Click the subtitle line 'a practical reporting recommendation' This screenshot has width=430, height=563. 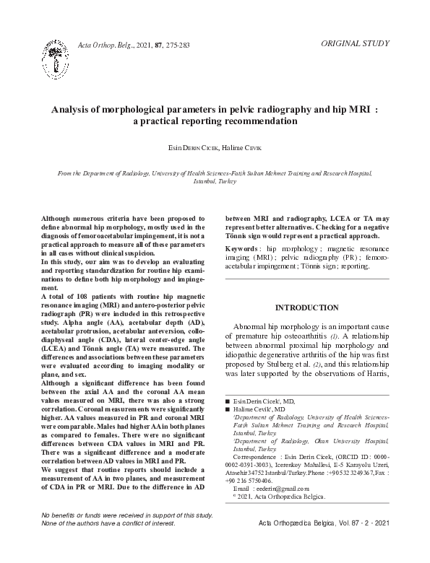coord(215,122)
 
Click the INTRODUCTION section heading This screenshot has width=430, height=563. coord(307,308)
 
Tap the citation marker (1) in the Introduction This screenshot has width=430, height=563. coord(334,336)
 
